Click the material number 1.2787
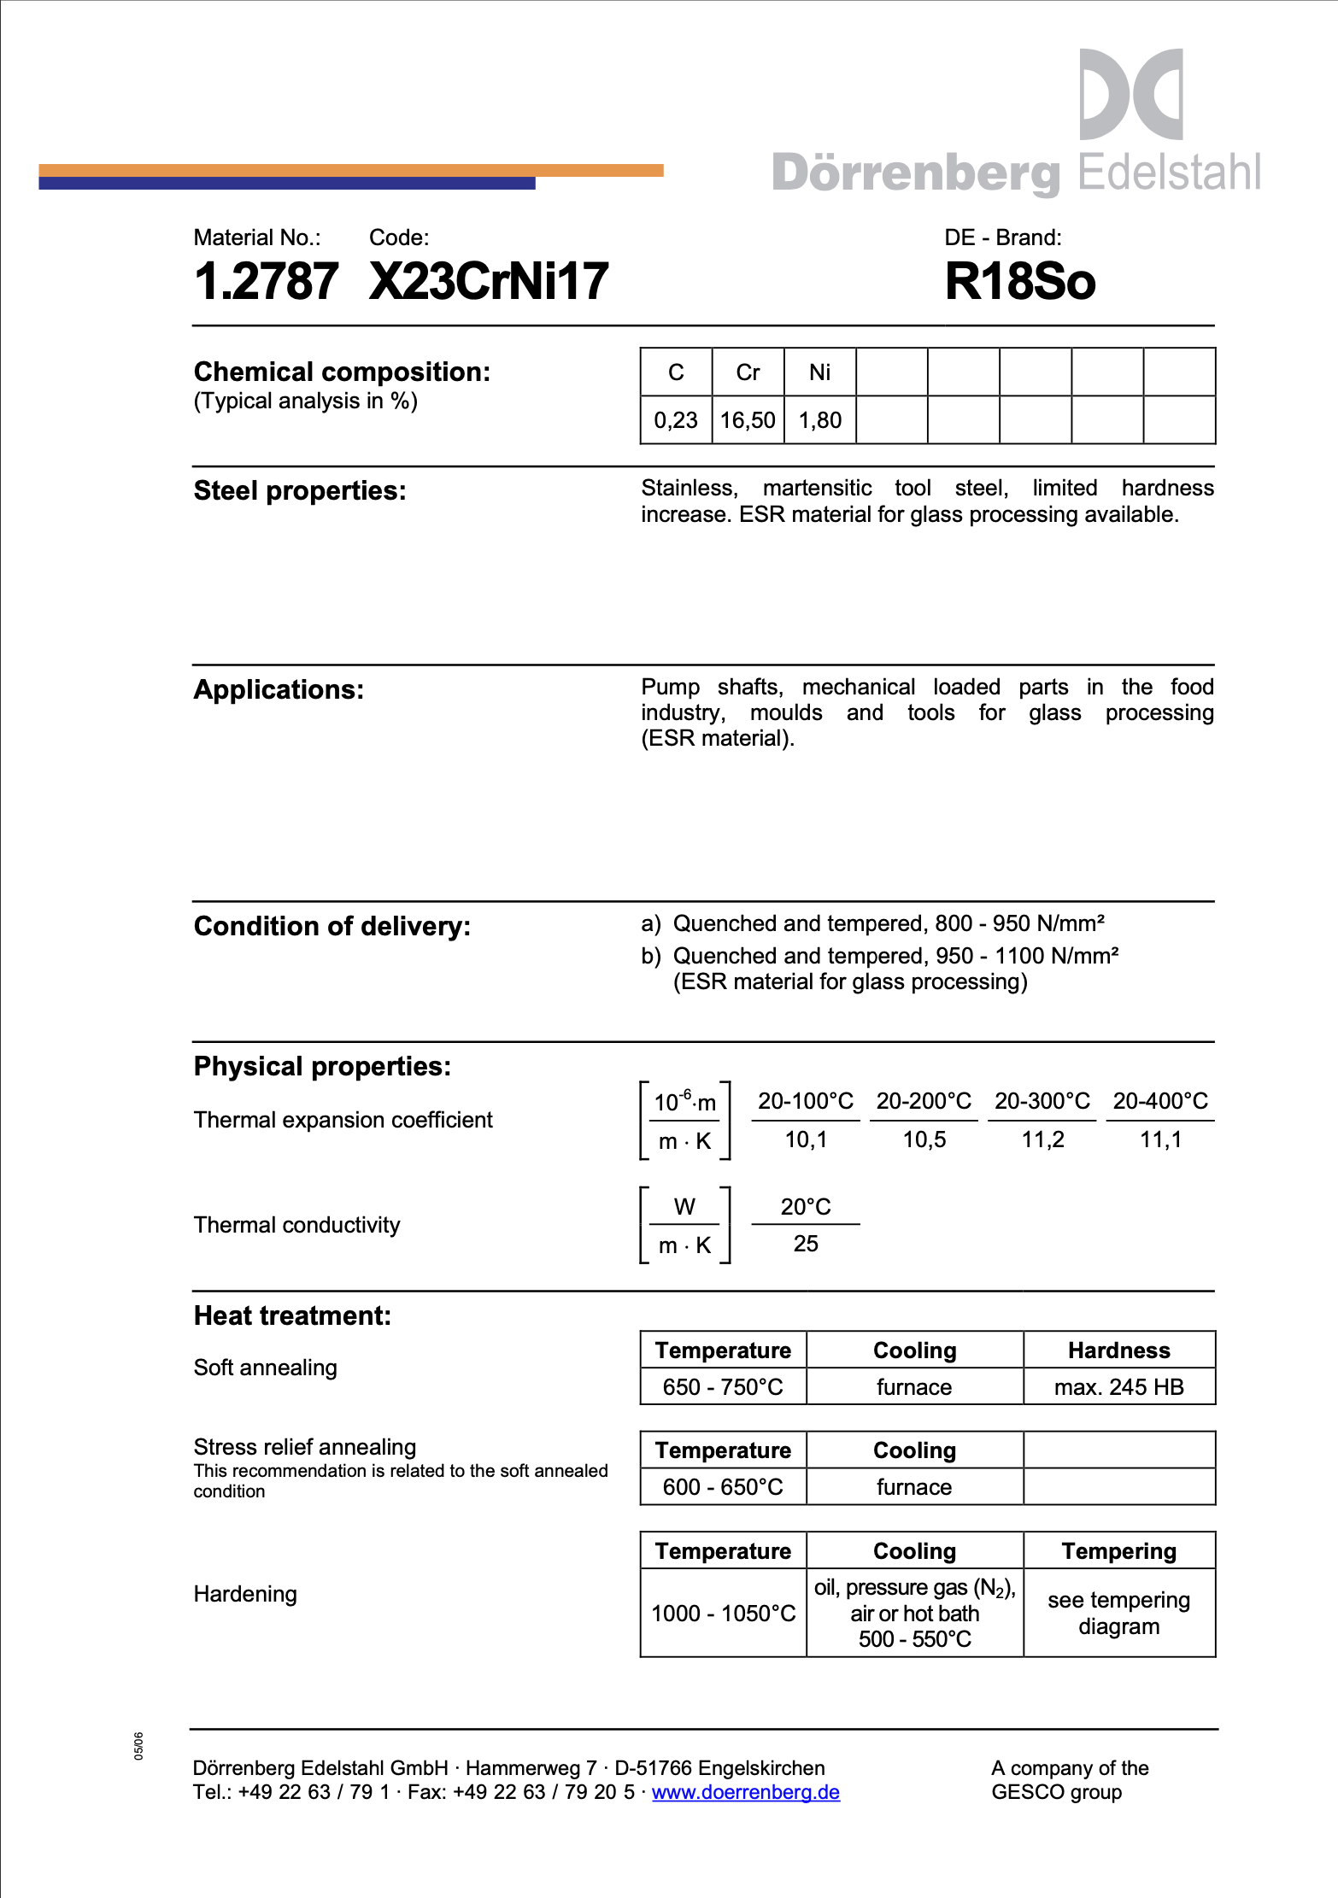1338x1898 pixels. pyautogui.click(x=266, y=282)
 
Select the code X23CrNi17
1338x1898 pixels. pyautogui.click(x=489, y=282)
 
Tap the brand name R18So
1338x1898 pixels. pyautogui.click(x=1019, y=282)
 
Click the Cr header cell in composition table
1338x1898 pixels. pyautogui.click(x=748, y=372)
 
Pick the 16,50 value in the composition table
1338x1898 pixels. pyautogui.click(x=748, y=420)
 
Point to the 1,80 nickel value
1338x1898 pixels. pyautogui.click(x=819, y=420)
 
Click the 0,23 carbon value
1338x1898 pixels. pyautogui.click(x=676, y=420)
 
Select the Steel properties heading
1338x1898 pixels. pyautogui.click(x=300, y=491)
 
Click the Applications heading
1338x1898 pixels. pyautogui.click(x=279, y=690)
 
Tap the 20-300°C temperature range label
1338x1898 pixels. pyautogui.click(x=1042, y=1101)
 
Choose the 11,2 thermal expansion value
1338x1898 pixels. pyautogui.click(x=1042, y=1139)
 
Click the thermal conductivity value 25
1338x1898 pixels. pyautogui.click(x=806, y=1244)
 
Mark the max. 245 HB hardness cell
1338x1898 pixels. pyautogui.click(x=1118, y=1387)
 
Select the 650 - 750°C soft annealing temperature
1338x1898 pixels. pyautogui.click(x=723, y=1387)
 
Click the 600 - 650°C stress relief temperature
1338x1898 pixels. pyautogui.click(x=723, y=1487)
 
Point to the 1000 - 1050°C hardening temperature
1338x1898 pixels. pyautogui.click(x=723, y=1614)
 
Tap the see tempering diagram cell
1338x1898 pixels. pyautogui.click(x=1118, y=1613)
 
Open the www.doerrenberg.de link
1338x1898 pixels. pyautogui.click(x=746, y=1792)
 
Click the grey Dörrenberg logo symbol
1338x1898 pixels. pyautogui.click(x=1130, y=94)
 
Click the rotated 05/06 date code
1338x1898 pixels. pyautogui.click(x=138, y=1746)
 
